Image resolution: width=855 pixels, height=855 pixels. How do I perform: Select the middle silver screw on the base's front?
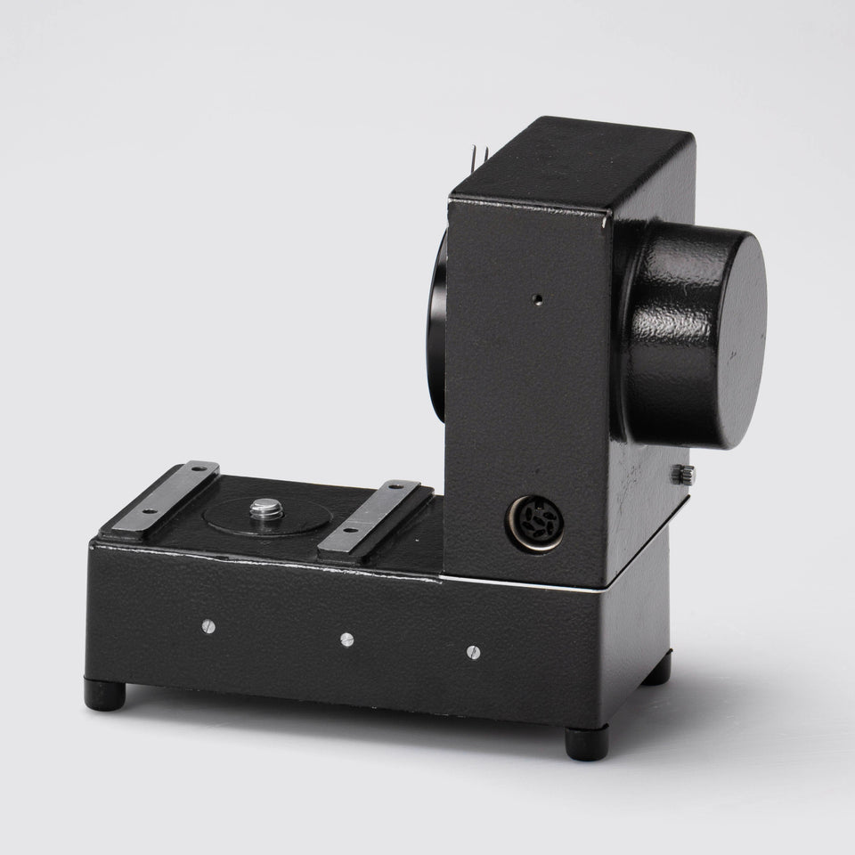pyautogui.click(x=346, y=639)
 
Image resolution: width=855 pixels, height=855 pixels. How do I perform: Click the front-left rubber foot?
pyautogui.click(x=105, y=696)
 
